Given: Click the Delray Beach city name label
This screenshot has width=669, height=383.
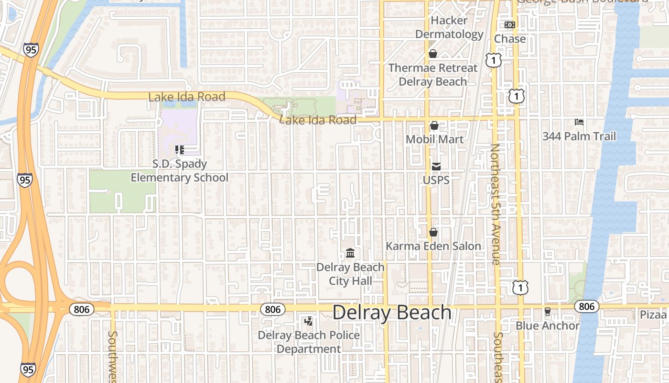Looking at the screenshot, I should [392, 313].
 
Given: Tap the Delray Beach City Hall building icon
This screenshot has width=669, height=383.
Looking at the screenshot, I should [350, 253].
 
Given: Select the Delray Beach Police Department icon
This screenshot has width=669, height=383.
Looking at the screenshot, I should [309, 321].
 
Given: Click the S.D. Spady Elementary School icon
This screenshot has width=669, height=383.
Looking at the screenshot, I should [180, 150].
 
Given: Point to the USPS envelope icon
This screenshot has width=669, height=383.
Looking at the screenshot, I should [436, 167].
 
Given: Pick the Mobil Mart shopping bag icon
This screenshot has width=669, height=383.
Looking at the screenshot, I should [434, 125].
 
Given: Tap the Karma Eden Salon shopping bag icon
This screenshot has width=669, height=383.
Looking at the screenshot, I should [433, 232].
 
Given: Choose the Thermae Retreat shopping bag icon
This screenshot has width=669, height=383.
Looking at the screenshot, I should [433, 54].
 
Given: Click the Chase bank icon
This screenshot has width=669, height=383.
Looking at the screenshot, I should [510, 25].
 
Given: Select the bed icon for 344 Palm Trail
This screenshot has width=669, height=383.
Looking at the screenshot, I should [579, 123].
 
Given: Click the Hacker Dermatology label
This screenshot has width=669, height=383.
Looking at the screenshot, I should [449, 27].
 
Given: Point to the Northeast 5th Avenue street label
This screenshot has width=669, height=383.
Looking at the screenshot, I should [495, 204].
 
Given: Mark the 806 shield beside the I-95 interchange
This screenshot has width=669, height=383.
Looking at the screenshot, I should [82, 309].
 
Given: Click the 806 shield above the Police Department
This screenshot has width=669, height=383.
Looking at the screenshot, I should [273, 309].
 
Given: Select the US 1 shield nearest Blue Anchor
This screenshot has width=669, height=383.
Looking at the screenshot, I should [520, 287].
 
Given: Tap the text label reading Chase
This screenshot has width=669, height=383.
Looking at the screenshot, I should [510, 39].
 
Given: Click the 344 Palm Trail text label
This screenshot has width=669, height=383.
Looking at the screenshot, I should [579, 136].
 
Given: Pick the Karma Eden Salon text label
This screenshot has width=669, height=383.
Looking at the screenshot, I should [433, 246].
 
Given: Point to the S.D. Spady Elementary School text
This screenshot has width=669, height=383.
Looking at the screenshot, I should [180, 171].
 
